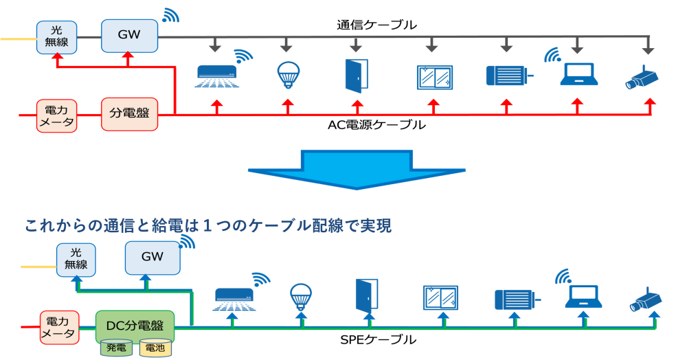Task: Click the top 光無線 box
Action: tap(56, 37)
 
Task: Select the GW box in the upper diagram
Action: tap(129, 36)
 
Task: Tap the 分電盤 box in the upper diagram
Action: tap(129, 114)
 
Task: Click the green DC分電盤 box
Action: tap(135, 326)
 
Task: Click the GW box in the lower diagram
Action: tap(153, 257)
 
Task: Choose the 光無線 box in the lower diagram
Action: tap(76, 260)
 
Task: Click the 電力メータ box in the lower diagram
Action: tap(58, 328)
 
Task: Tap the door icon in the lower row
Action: tap(367, 295)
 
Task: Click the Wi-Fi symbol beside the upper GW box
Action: tap(170, 15)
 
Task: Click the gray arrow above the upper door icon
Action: tap(356, 45)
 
